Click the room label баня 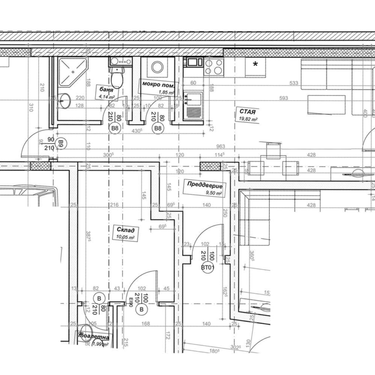(x=107, y=90)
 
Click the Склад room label (x=125, y=230)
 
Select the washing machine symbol (x=157, y=67)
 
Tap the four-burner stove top (x=214, y=66)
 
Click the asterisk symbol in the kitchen (x=255, y=64)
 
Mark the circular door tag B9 (x=61, y=143)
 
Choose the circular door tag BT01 (x=207, y=268)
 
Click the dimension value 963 (x=221, y=146)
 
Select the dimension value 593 (x=283, y=99)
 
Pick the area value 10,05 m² (x=124, y=237)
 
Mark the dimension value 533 (x=294, y=83)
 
